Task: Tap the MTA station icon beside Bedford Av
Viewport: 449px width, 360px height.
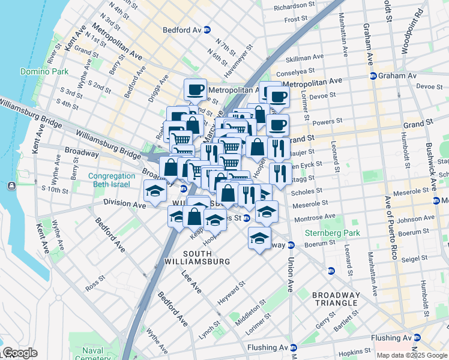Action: pyautogui.click(x=207, y=29)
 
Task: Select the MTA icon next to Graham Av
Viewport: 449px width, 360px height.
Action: pyautogui.click(x=373, y=76)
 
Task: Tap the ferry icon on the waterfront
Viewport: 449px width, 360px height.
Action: pyautogui.click(x=12, y=186)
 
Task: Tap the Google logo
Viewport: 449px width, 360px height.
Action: pyautogui.click(x=20, y=353)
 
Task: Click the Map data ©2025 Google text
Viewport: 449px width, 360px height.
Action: pyautogui.click(x=412, y=355)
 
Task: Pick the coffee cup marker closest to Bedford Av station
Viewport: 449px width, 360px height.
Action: pyautogui.click(x=195, y=89)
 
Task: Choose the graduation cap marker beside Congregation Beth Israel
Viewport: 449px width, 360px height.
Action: pyautogui.click(x=155, y=191)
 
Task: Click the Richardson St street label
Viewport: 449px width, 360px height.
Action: pyautogui.click(x=294, y=8)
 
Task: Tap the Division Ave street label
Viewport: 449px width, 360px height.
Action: pyautogui.click(x=124, y=204)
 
